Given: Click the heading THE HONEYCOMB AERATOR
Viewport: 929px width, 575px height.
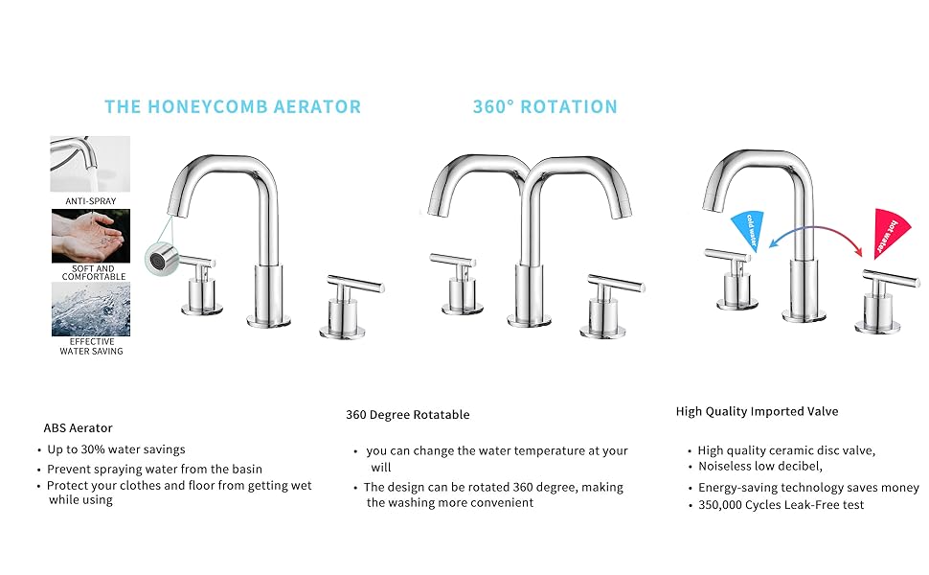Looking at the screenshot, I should click(x=233, y=106).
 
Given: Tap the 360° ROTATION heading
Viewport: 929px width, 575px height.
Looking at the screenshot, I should click(x=545, y=106).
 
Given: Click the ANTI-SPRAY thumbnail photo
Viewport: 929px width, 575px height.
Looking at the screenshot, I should click(x=91, y=164).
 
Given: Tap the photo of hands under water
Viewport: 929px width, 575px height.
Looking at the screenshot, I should click(x=91, y=236).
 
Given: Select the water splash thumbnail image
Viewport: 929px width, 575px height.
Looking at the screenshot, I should click(x=91, y=309).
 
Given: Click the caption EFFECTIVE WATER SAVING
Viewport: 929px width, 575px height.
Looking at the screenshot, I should click(x=91, y=346).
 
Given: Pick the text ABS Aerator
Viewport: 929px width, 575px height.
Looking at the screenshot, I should click(x=78, y=428).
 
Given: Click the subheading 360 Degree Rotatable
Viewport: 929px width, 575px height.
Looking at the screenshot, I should click(x=408, y=415).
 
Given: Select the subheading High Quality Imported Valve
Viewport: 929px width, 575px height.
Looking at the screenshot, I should click(x=757, y=411).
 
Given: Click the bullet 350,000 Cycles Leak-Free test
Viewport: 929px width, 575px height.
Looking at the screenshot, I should click(x=781, y=504).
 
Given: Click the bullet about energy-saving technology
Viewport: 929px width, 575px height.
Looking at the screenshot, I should click(x=807, y=488).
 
